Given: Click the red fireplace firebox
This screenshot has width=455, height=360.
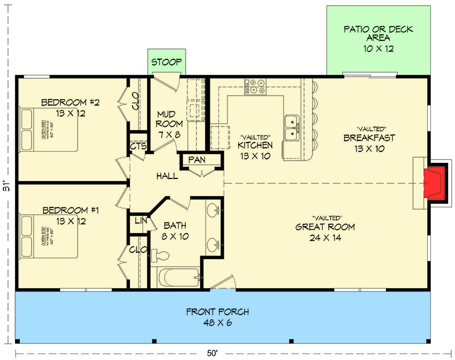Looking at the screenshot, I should pyautogui.click(x=433, y=183).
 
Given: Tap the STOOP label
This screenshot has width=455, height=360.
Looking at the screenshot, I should pyautogui.click(x=166, y=62).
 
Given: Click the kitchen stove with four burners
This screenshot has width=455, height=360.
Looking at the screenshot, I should pyautogui.click(x=255, y=87).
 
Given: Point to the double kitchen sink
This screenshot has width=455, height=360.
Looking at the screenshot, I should pyautogui.click(x=292, y=126).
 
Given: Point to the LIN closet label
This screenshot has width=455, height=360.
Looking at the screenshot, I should pyautogui.click(x=140, y=221).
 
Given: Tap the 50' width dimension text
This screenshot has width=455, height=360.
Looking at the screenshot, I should pyautogui.click(x=213, y=352).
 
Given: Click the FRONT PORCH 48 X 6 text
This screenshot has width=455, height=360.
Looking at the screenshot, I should pyautogui.click(x=217, y=317).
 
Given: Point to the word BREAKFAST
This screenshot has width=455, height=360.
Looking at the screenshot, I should pyautogui.click(x=369, y=138).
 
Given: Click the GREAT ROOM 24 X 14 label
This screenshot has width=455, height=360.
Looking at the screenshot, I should pyautogui.click(x=325, y=231).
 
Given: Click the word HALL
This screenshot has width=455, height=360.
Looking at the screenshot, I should pyautogui.click(x=167, y=176).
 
